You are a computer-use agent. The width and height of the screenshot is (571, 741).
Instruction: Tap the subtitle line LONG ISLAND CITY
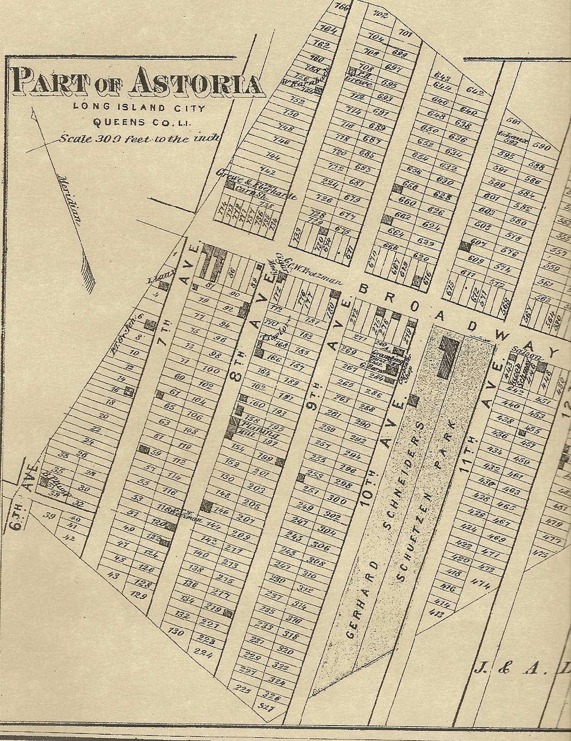139,107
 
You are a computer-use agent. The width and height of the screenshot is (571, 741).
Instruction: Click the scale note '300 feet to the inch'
140,139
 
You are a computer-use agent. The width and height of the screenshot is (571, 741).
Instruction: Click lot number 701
406,33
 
